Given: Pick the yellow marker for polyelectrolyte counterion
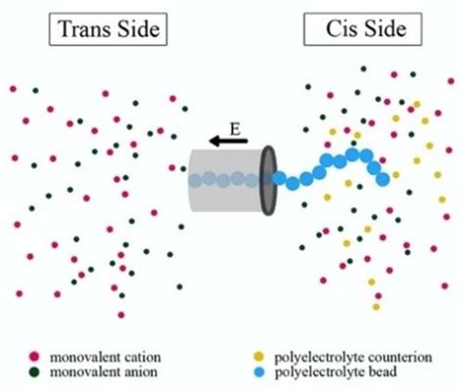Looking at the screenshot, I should (258, 355).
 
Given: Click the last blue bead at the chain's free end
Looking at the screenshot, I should (383, 178).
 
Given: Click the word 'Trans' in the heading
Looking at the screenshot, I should (86, 30).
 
